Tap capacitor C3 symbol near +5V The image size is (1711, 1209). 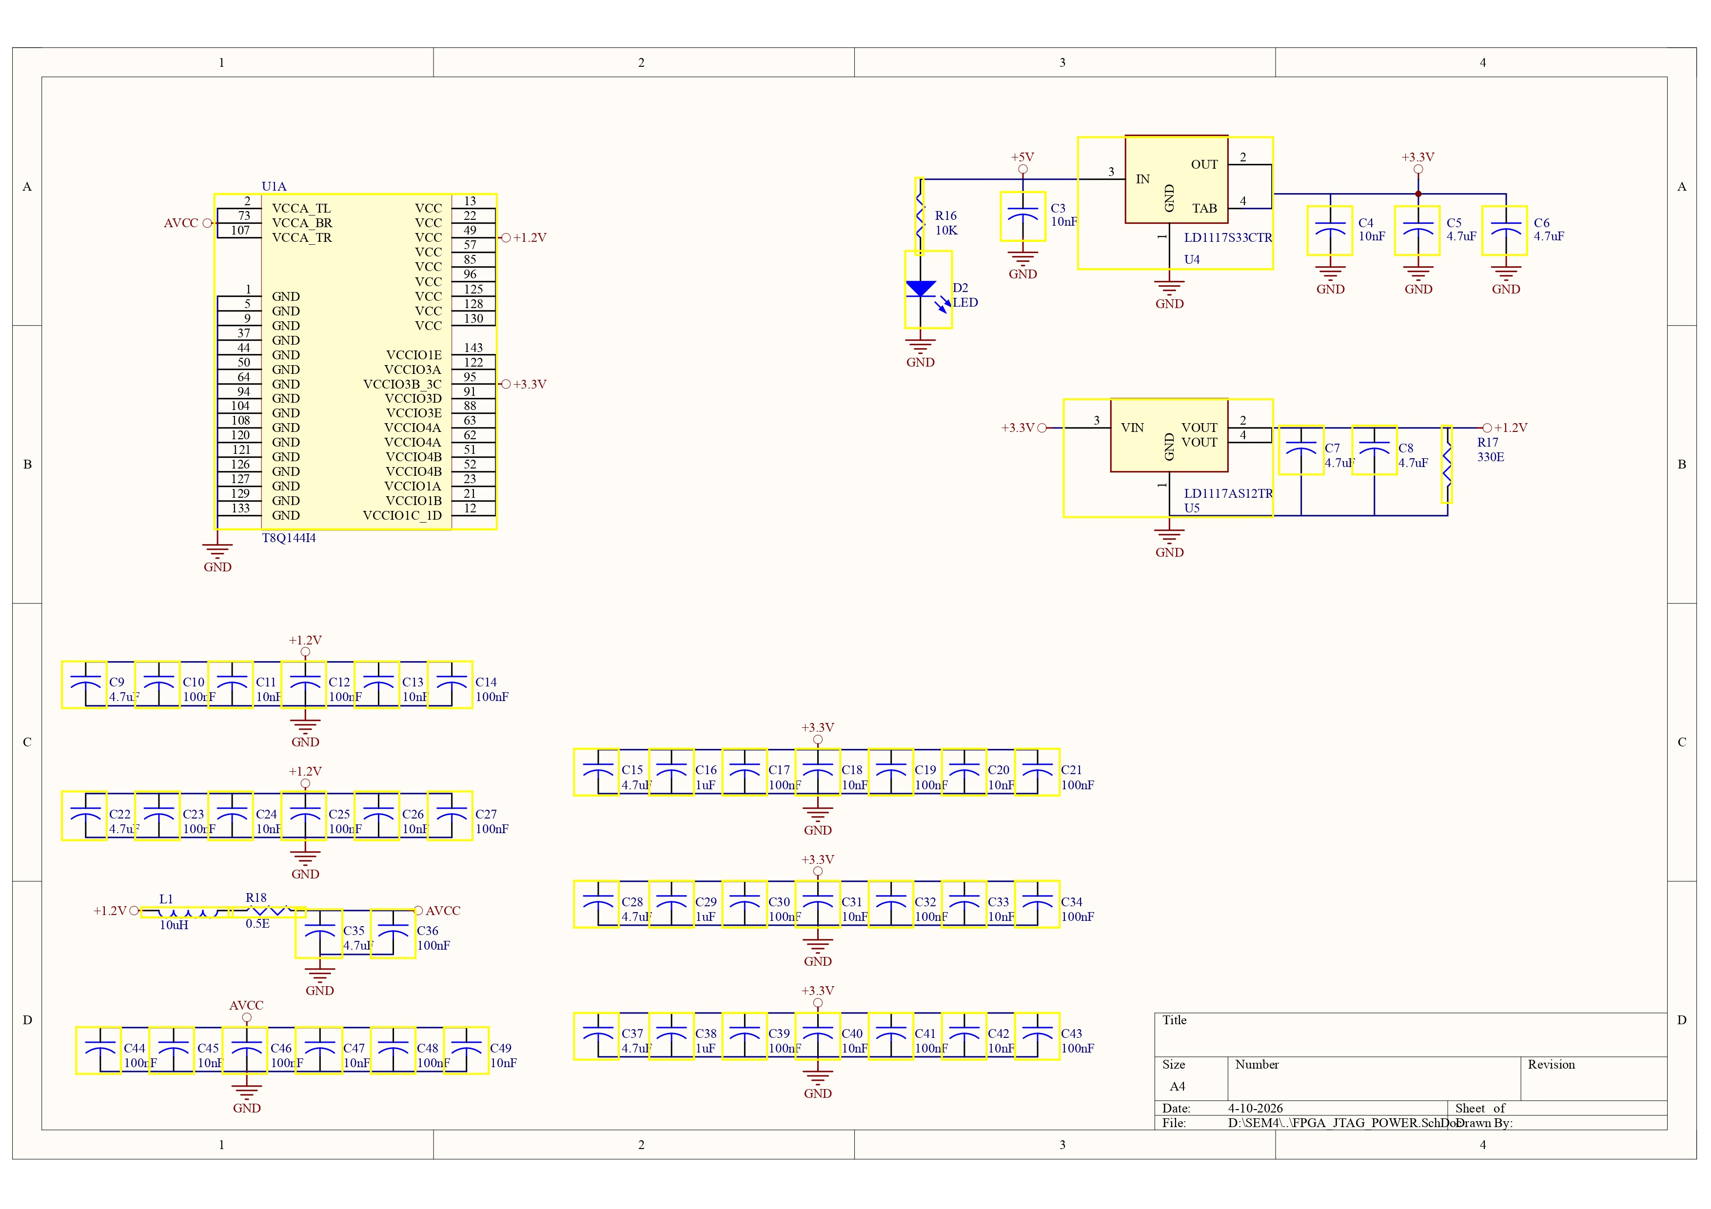point(1023,216)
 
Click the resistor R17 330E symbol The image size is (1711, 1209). point(1446,464)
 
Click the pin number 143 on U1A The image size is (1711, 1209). point(473,348)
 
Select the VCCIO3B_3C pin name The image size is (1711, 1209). point(402,384)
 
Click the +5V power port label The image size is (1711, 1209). point(1023,157)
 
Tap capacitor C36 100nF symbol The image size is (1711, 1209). point(393,934)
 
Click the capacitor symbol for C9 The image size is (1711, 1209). point(84,684)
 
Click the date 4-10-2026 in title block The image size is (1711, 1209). point(1255,1108)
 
